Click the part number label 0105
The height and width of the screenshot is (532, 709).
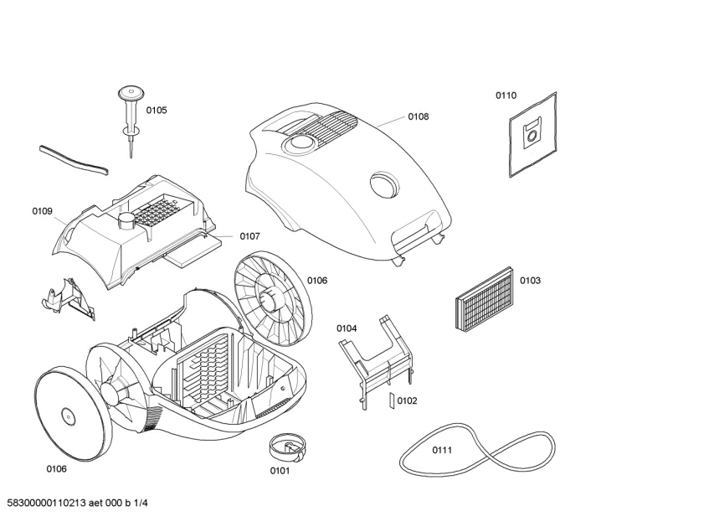(x=157, y=110)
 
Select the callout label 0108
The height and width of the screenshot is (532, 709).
(x=419, y=116)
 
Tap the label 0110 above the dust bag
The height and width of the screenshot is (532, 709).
(x=506, y=96)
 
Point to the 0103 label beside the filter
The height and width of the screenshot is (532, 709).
(x=530, y=280)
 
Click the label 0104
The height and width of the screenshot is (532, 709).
(x=347, y=328)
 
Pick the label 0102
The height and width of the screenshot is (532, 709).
(x=407, y=400)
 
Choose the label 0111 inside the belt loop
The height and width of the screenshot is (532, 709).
(x=442, y=450)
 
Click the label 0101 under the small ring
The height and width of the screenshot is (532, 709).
(x=280, y=470)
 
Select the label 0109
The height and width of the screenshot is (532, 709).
(x=43, y=211)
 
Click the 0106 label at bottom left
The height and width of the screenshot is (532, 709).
(x=56, y=468)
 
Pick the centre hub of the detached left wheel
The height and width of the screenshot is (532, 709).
(x=67, y=413)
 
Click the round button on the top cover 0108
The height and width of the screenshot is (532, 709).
(x=383, y=183)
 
